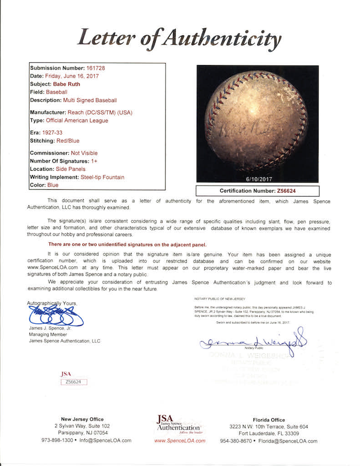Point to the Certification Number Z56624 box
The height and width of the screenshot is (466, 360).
click(x=258, y=191)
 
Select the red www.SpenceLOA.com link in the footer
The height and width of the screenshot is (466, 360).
click(x=180, y=441)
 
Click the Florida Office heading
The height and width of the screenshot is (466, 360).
click(x=268, y=420)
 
